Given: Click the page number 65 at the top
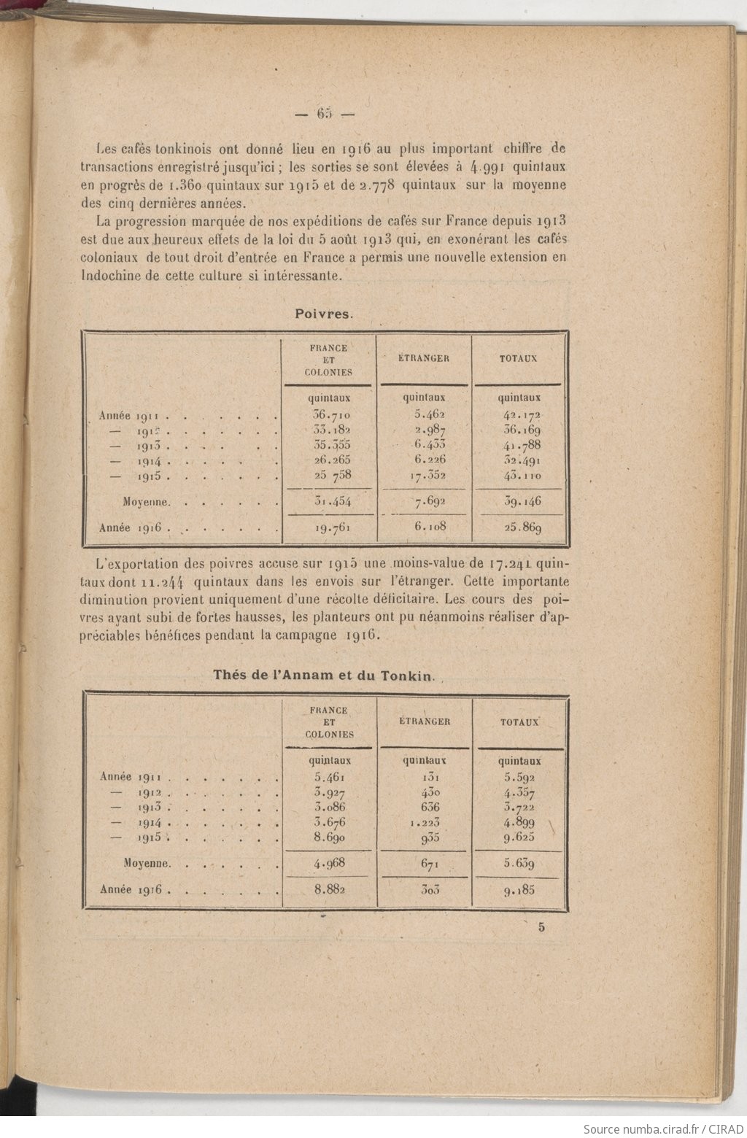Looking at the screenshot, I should click(324, 113).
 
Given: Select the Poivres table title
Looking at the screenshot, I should click(324, 314).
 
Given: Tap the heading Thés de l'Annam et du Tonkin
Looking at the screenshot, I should click(322, 675).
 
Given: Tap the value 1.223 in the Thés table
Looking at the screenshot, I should click(425, 822).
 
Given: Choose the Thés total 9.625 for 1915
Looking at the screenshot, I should click(519, 837).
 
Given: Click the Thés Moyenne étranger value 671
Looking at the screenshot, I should click(425, 864).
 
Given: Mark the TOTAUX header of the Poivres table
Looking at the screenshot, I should click(518, 358).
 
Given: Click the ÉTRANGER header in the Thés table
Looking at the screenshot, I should click(425, 721).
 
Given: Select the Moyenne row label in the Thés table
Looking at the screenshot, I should click(147, 864).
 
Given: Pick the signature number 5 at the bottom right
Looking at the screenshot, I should click(541, 928).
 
